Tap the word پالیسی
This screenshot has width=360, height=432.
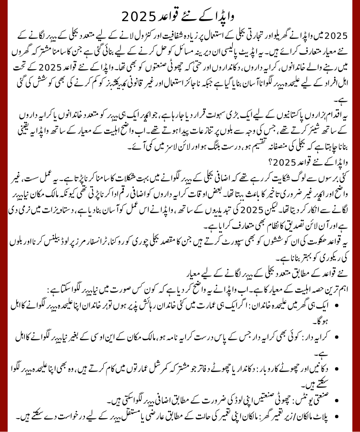[x=276, y=51]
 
